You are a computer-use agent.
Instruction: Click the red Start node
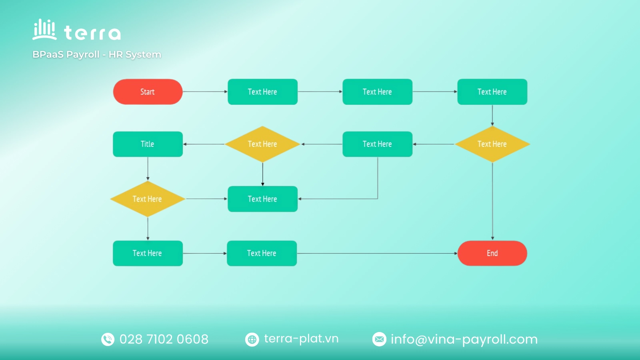pos(148,92)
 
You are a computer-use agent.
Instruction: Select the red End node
pos(492,253)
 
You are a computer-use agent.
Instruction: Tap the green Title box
pos(148,144)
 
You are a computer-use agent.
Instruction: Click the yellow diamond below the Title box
pos(148,199)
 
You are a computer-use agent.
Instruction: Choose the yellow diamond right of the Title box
pos(262,144)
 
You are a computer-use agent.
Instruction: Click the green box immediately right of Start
pos(262,92)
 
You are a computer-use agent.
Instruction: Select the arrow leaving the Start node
pos(205,92)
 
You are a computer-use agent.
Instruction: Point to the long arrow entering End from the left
pos(377,253)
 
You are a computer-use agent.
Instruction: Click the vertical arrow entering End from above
pos(492,201)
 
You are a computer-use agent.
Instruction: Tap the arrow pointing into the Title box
pos(204,144)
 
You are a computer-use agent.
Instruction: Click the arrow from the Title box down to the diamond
pos(148,168)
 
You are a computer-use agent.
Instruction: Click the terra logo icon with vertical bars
pos(44,30)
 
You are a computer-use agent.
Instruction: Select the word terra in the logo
pos(92,33)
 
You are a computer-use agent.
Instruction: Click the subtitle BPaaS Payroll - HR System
pos(97,54)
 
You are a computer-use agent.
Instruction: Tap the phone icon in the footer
pos(108,339)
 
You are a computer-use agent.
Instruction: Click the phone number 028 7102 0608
pos(164,339)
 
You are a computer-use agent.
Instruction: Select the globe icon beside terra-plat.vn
pos(252,340)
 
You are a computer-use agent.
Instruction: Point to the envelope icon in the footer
pos(380,339)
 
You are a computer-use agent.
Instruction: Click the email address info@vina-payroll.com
pos(464,340)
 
